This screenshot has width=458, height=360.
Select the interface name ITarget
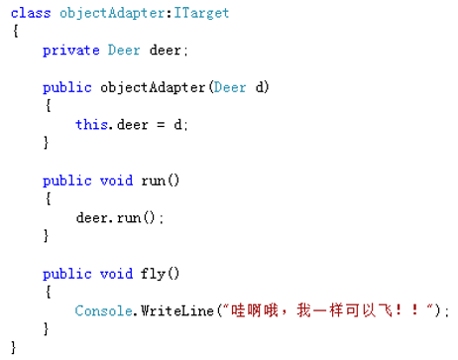198,13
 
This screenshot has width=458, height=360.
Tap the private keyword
70,50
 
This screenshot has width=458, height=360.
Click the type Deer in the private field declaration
123,50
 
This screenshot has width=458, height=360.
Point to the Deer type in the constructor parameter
230,87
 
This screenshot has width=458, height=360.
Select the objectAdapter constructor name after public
153,87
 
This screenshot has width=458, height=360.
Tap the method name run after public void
140,180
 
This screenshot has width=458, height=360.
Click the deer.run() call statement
118,217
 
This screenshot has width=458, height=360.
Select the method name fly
140,273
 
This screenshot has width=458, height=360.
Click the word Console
102,310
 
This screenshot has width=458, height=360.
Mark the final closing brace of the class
14,347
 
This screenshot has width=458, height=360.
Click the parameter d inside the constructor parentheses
260,87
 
